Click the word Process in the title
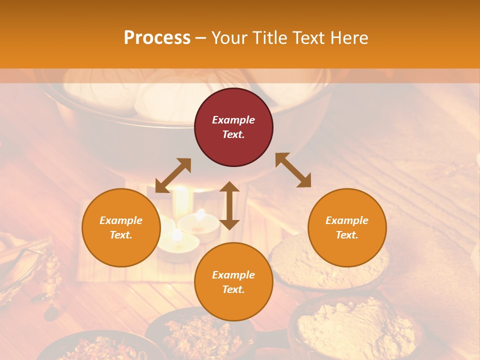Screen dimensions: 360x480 [x=157, y=38]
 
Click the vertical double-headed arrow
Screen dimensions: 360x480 [x=229, y=205]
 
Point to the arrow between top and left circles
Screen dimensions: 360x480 [x=173, y=175]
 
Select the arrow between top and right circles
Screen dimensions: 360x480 [x=293, y=170]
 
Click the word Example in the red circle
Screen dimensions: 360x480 [x=233, y=120]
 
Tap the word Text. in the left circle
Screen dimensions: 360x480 [x=121, y=235]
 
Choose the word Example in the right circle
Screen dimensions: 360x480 [x=347, y=220]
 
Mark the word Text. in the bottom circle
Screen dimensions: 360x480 [x=233, y=289]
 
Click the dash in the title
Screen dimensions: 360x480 [x=200, y=38]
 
